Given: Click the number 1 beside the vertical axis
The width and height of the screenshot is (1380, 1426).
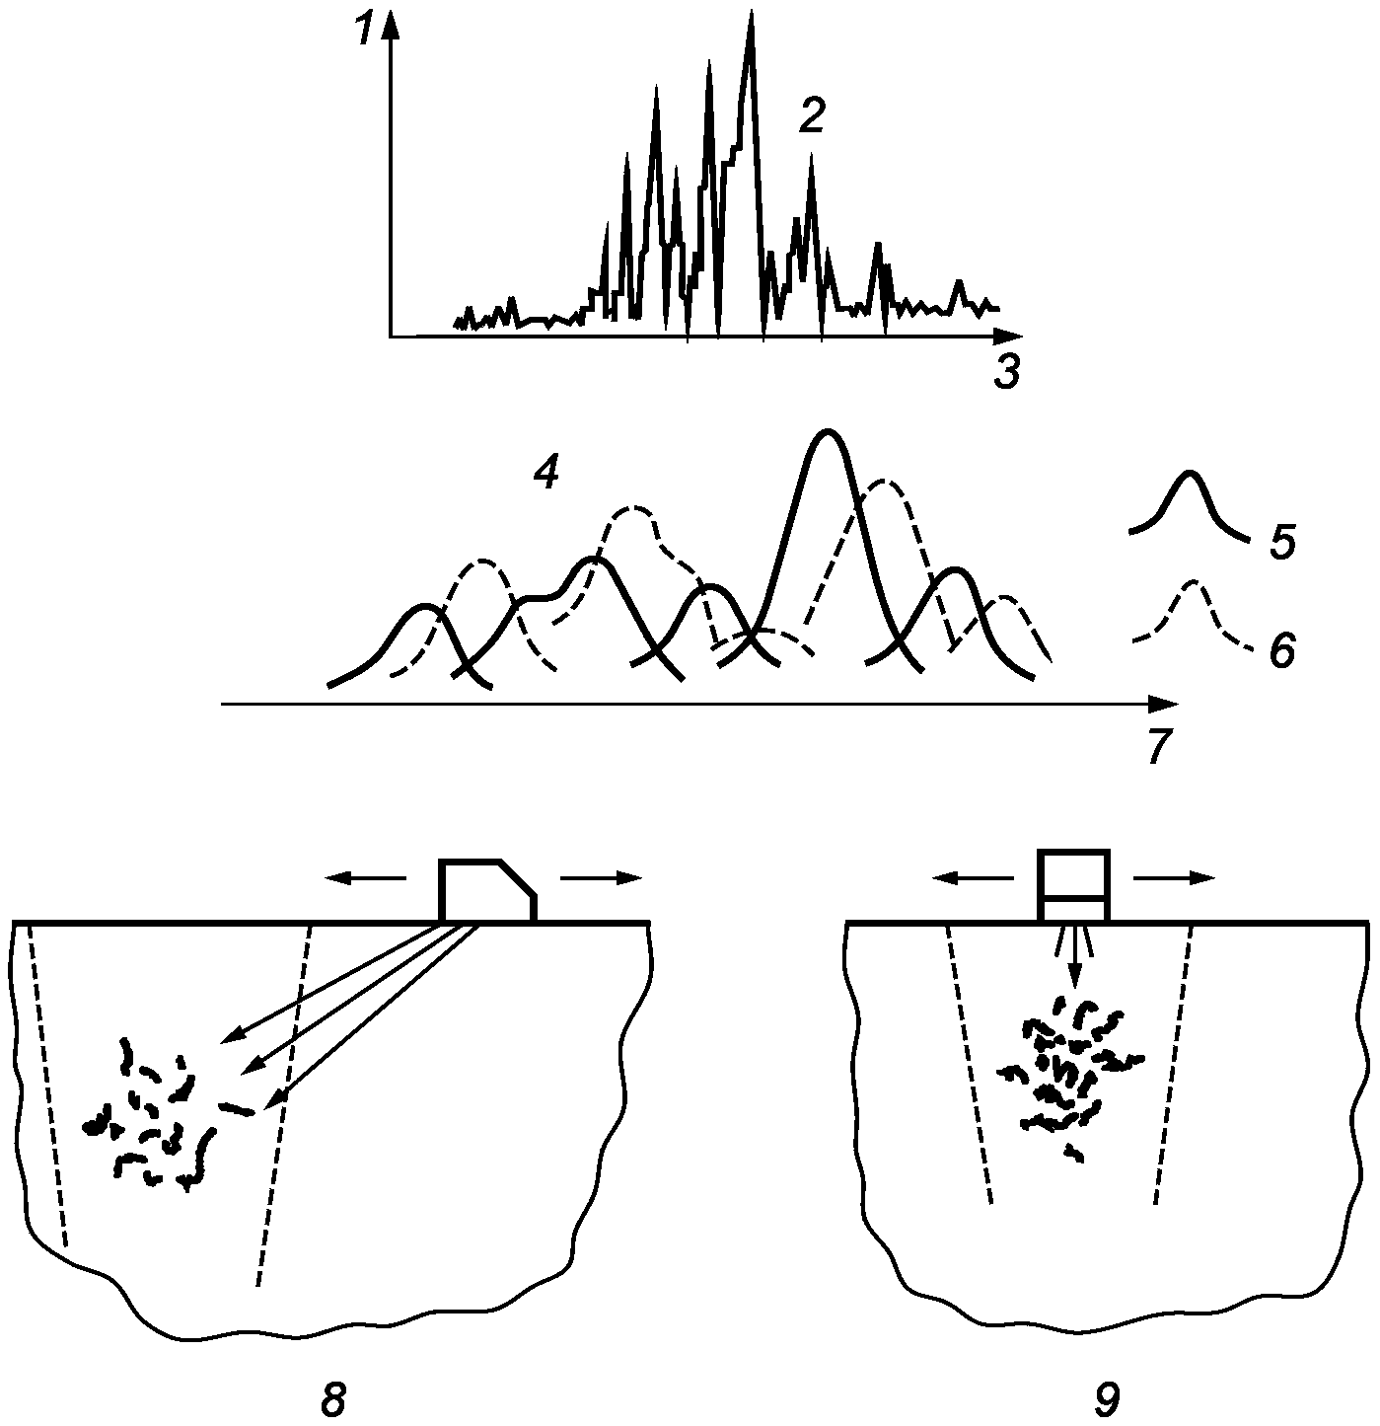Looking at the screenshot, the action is (x=365, y=32).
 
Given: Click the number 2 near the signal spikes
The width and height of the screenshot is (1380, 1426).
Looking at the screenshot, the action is (x=810, y=117).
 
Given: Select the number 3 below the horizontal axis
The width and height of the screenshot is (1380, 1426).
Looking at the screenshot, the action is (x=1005, y=372).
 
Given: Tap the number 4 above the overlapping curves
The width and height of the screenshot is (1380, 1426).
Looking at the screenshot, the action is (x=545, y=475).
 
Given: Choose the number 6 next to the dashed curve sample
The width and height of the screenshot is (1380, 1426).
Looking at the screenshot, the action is (x=1281, y=651).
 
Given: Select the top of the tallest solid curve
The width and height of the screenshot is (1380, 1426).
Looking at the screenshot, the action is (x=827, y=433).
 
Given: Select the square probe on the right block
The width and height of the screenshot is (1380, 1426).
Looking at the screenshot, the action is (x=1074, y=884).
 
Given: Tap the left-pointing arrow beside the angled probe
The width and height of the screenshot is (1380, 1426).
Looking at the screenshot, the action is (x=364, y=877).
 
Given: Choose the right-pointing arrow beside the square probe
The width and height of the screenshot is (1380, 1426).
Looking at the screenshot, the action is (x=1174, y=878).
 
